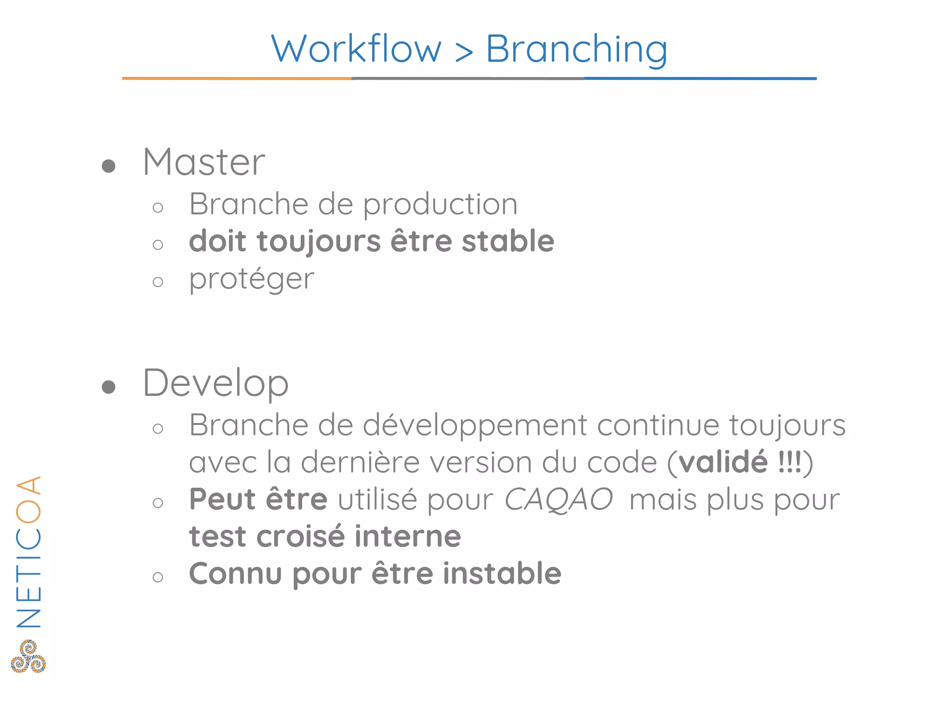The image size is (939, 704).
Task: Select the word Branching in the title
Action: [x=576, y=49]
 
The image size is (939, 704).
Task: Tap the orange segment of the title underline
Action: [x=237, y=78]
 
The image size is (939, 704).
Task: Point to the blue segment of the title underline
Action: [x=700, y=78]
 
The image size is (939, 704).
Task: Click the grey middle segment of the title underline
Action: [x=468, y=78]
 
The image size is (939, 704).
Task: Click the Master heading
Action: [x=204, y=162]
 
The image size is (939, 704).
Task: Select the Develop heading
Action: [x=215, y=384]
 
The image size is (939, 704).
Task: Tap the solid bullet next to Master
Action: [x=109, y=166]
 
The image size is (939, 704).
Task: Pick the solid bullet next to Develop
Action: [x=109, y=387]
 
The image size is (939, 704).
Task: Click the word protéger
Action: [x=251, y=279]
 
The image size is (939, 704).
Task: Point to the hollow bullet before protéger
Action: [x=158, y=281]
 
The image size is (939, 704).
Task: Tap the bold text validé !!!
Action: [x=740, y=462]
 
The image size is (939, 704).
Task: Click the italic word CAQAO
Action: [x=558, y=500]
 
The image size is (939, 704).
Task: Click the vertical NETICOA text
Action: [x=28, y=552]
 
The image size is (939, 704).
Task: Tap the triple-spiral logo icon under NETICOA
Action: [x=28, y=656]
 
